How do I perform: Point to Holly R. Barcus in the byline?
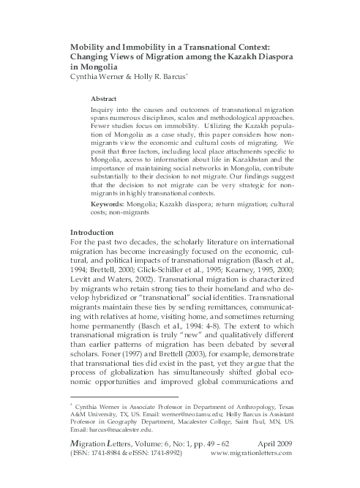(x=160, y=75)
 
